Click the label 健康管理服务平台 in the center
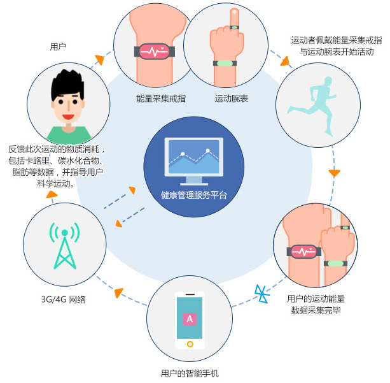tap(193, 195)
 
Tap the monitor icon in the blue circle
tap(194, 159)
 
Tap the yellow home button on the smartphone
tap(189, 344)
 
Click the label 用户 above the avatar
tap(58, 47)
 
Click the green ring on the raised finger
tap(234, 27)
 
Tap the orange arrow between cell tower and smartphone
tap(118, 293)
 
